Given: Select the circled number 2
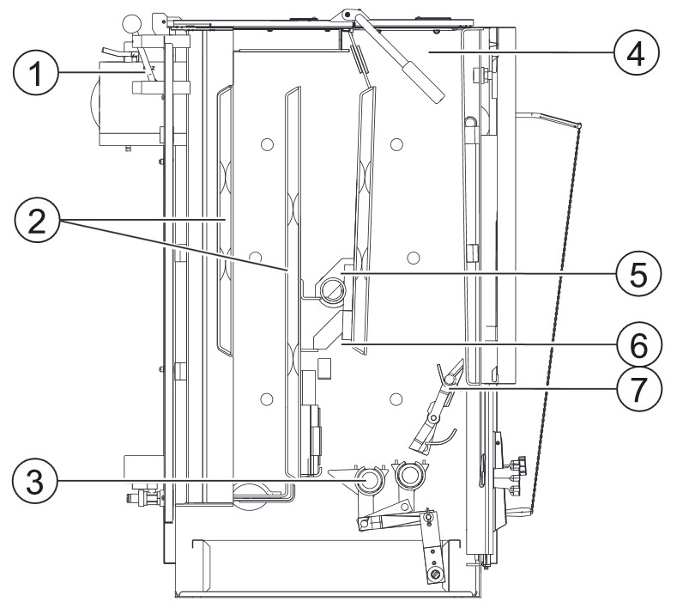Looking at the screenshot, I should [36, 222].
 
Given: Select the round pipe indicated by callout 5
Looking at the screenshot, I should [330, 292].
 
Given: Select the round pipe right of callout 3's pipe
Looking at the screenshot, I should [410, 474].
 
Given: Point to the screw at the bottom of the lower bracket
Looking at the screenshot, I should [437, 573].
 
